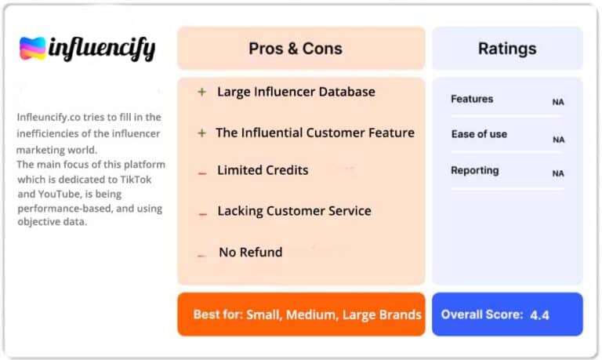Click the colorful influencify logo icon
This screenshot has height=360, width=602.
33,49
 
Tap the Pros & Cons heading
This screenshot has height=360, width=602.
296,49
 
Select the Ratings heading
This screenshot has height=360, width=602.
507,49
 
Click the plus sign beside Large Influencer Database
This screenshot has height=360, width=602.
202,92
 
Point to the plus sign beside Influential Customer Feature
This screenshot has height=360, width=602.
202,133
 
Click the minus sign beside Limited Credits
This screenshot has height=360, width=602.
202,173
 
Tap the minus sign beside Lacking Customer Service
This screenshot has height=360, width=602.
203,214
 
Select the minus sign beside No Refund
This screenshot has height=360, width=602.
201,255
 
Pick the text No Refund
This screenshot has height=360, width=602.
251,252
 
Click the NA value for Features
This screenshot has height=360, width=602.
558,102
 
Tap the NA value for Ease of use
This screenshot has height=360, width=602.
559,140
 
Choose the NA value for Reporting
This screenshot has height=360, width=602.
558,173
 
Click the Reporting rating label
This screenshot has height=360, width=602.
475,170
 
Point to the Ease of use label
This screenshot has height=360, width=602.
479,134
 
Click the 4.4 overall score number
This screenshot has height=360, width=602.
539,315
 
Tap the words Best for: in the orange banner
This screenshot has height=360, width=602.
218,315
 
